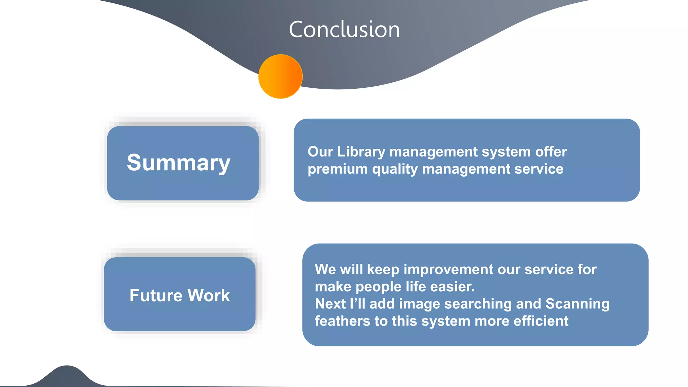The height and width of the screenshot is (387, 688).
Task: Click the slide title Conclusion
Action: [344, 30]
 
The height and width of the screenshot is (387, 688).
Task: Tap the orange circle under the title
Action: [281, 77]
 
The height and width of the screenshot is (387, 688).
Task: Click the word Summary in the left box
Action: [178, 163]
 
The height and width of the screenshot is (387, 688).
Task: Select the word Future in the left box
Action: [156, 296]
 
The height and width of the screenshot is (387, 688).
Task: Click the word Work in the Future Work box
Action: [209, 296]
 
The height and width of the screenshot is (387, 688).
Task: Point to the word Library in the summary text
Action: [361, 152]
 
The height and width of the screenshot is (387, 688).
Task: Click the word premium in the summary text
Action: [338, 169]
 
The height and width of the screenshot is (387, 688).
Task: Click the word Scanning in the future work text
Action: [577, 304]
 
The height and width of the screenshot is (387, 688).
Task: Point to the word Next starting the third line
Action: [330, 304]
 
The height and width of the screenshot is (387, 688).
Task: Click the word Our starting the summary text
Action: [320, 152]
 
